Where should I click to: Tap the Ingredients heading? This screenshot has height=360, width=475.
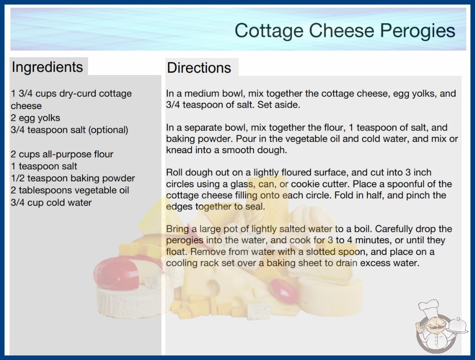click(47, 67)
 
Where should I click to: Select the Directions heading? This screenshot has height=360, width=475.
click(199, 68)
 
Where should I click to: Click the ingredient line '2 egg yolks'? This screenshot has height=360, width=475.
click(35, 118)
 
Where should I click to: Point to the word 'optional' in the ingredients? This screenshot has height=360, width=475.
click(108, 130)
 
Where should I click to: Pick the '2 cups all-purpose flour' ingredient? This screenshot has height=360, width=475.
click(62, 154)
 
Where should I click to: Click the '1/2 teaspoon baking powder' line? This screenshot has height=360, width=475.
click(73, 178)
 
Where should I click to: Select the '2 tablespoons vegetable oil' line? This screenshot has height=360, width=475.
click(70, 190)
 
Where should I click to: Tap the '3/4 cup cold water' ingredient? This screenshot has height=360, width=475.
click(51, 202)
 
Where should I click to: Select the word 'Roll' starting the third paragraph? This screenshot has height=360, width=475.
click(174, 173)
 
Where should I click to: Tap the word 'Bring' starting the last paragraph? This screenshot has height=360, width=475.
click(177, 229)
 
